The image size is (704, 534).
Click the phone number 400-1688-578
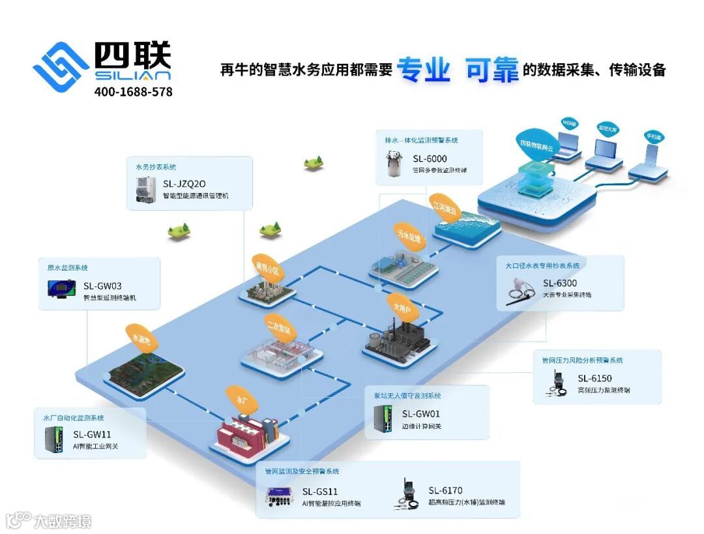click(x=133, y=92)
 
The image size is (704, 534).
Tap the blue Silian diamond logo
click(x=61, y=66)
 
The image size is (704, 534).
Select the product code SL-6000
click(x=430, y=158)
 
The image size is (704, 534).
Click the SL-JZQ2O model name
click(x=184, y=183)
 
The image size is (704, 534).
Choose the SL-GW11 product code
click(x=92, y=434)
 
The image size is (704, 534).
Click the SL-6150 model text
click(x=594, y=378)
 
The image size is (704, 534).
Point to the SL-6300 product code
click(x=560, y=283)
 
